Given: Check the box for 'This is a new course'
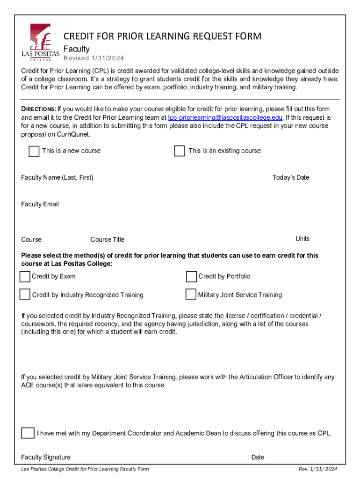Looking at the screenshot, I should (x=34, y=151).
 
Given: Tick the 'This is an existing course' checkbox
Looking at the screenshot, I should (x=180, y=151).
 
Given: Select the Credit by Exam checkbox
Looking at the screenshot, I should (x=25, y=277).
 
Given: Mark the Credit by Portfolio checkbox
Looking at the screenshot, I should (x=191, y=277).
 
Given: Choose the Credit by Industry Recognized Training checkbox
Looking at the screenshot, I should (x=25, y=294).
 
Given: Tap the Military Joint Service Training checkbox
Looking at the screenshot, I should (x=191, y=294).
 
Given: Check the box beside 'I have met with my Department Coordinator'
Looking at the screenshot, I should (x=28, y=433).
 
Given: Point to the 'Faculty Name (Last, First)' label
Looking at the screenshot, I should (x=57, y=177).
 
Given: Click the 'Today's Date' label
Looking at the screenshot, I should (x=290, y=177).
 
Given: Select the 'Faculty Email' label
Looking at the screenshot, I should (x=40, y=204).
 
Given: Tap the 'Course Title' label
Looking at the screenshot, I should (x=107, y=239).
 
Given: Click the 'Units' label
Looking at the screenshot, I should (x=302, y=239).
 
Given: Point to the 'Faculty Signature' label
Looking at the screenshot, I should (x=46, y=457).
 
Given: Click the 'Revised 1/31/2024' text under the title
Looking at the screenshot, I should (x=94, y=58).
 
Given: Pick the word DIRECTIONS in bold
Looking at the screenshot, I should (x=38, y=109).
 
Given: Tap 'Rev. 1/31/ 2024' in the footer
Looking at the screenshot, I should (x=317, y=469).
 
